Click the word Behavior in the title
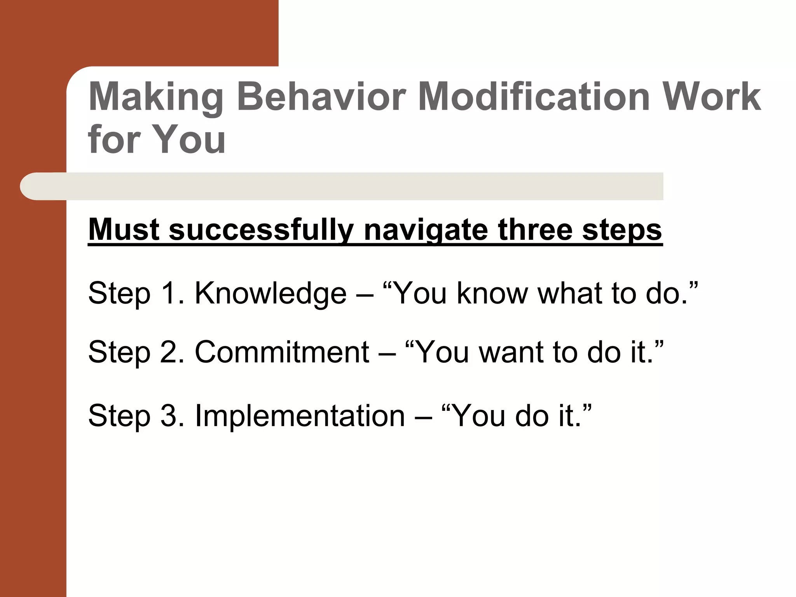tap(321, 97)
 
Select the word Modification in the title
tap(534, 97)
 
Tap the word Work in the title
tap(711, 97)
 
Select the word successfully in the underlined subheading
tap(260, 230)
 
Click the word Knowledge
tap(270, 293)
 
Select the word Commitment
tap(282, 352)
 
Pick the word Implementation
tap(300, 416)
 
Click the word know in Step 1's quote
tap(492, 293)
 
